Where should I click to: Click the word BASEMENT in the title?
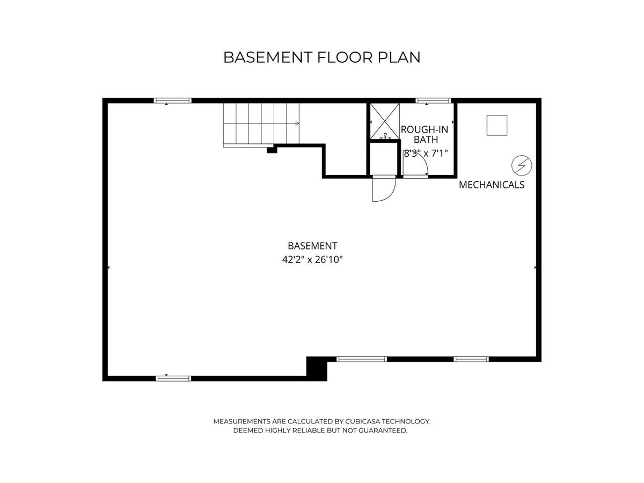point(267,57)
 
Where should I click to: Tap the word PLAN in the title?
point(399,57)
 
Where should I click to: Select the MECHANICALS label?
point(492,185)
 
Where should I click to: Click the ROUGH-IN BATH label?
point(425,134)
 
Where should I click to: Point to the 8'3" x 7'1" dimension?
point(426,153)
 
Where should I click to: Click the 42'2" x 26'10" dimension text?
point(312,260)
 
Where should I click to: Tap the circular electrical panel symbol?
point(522,165)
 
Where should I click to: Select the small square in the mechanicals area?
point(497,125)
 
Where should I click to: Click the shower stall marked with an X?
point(385,121)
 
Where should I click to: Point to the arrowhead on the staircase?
point(297,123)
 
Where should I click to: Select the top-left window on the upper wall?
point(173,100)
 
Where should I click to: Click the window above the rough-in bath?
point(433,100)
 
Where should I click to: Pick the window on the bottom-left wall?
point(173,378)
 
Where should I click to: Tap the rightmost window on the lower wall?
point(471,359)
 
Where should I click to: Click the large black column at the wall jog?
point(317,369)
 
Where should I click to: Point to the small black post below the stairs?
point(272,150)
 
